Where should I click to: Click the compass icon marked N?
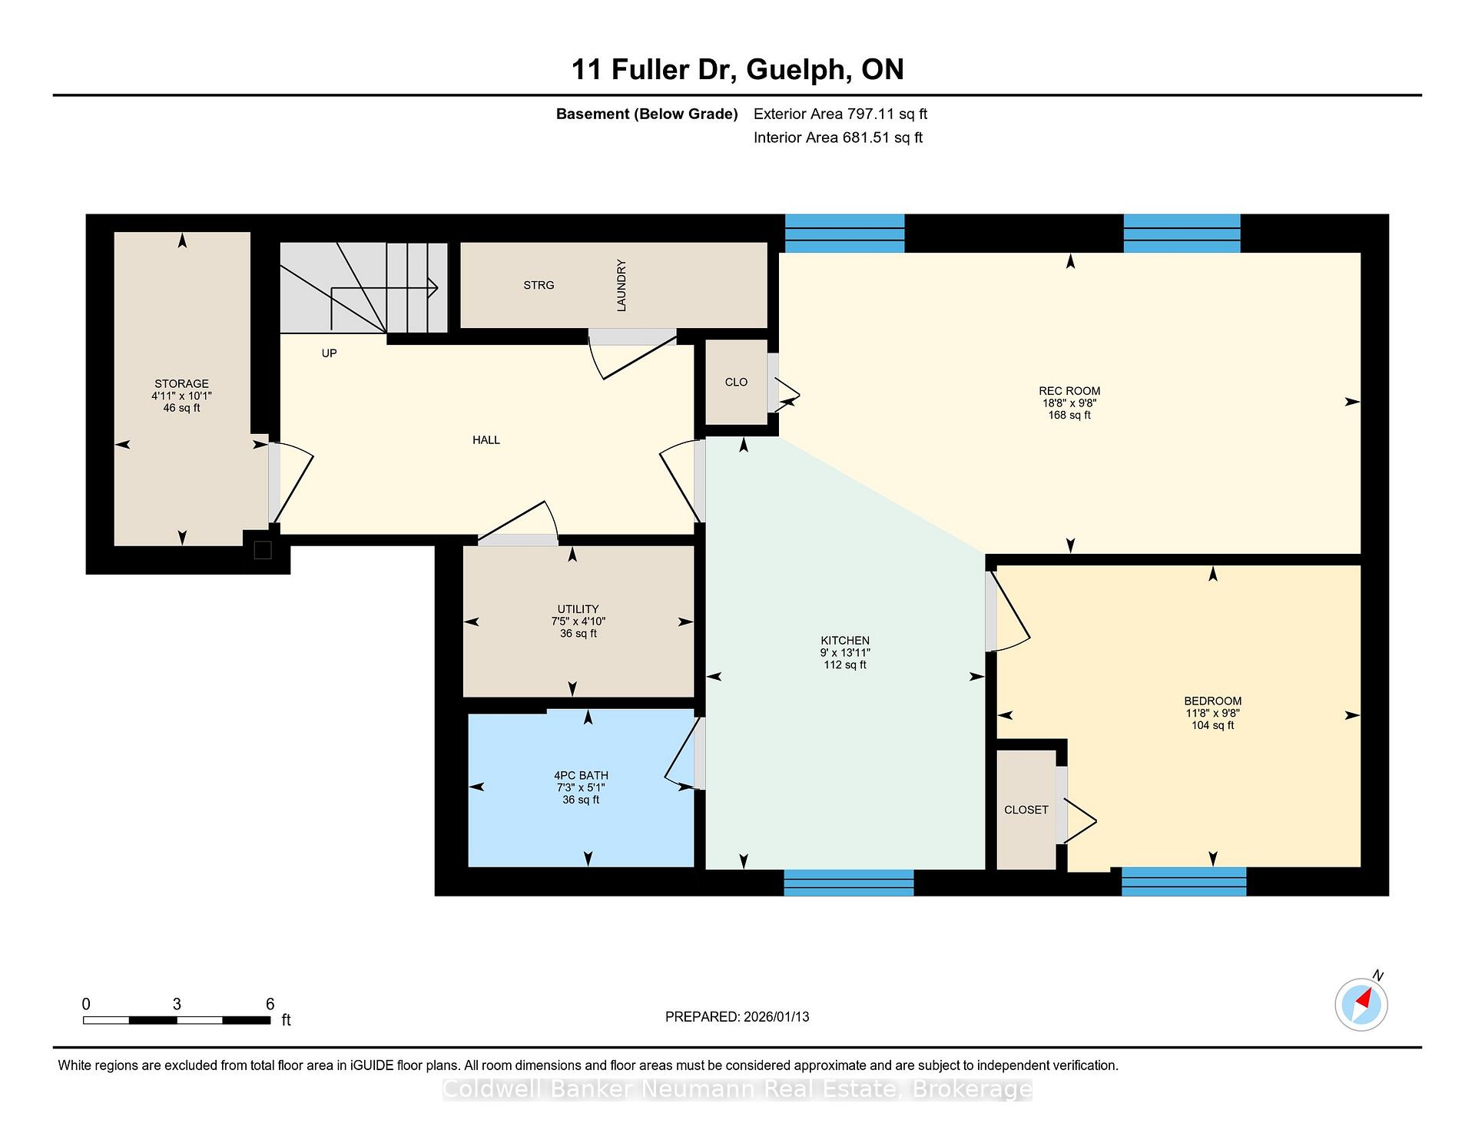[1361, 1003]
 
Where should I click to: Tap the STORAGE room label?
[181, 383]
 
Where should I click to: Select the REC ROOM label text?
[1069, 390]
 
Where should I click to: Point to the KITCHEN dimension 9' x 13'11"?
[845, 652]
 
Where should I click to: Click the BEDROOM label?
[1212, 701]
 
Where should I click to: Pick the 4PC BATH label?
[581, 775]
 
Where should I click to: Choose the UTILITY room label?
[578, 608]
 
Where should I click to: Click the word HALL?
[486, 439]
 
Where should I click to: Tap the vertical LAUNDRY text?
[621, 285]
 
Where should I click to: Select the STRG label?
[539, 285]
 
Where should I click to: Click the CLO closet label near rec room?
[736, 382]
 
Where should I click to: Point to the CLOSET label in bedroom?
[1026, 810]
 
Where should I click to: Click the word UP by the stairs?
[329, 353]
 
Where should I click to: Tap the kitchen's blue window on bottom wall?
[849, 883]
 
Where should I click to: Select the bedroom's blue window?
[1184, 881]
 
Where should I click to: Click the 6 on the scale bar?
[270, 1003]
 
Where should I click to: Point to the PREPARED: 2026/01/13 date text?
[737, 1016]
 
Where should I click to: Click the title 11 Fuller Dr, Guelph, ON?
[737, 69]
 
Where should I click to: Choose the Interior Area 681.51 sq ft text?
[838, 138]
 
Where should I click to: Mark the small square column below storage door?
[263, 550]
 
